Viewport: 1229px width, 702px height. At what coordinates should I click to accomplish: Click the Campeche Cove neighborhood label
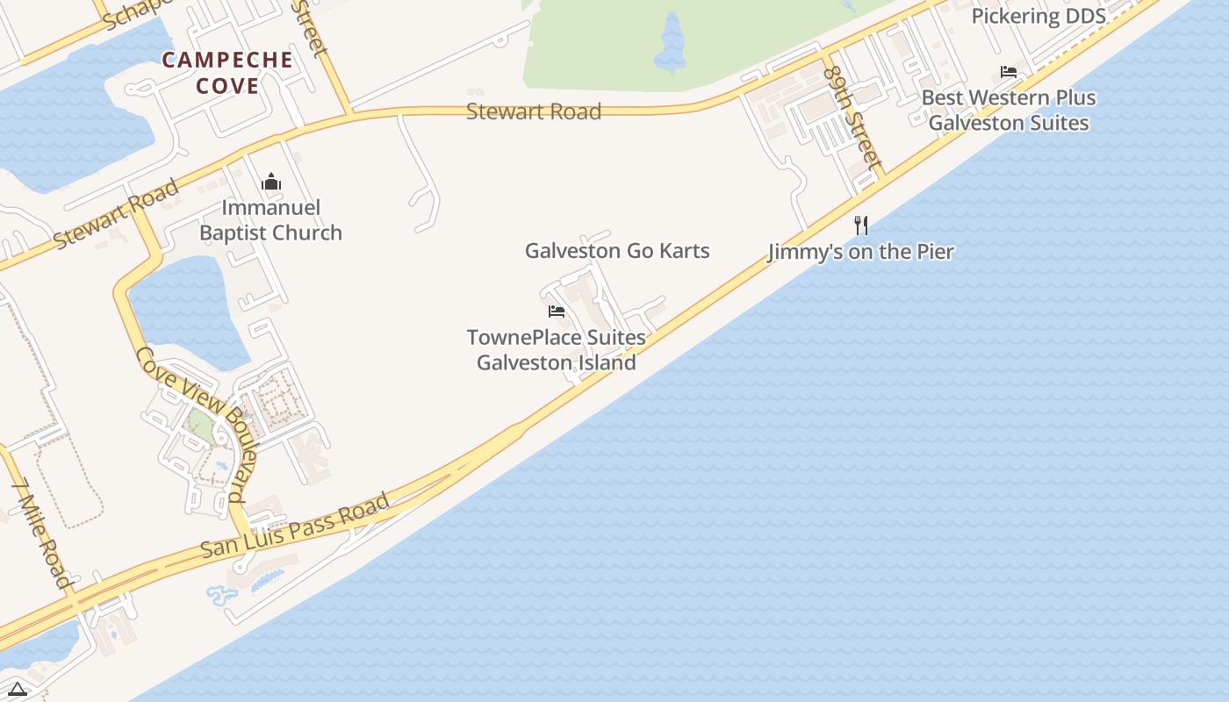tap(227, 73)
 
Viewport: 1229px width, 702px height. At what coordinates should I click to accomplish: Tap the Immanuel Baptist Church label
tap(270, 220)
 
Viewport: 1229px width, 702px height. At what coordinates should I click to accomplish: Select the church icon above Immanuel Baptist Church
tap(271, 183)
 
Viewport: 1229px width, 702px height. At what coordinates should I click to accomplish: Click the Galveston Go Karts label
tap(617, 251)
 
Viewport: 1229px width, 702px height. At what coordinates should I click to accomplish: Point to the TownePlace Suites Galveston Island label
tap(557, 350)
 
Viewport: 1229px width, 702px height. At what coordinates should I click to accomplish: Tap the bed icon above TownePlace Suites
tap(557, 312)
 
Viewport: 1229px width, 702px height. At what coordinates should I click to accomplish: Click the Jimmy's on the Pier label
tap(860, 252)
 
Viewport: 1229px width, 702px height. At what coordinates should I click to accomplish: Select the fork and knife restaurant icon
tap(861, 226)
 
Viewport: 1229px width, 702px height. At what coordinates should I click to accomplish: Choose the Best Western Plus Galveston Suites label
tap(1009, 110)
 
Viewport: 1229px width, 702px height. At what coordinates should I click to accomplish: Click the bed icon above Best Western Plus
tap(1009, 72)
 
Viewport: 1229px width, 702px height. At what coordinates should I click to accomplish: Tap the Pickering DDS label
tap(1039, 16)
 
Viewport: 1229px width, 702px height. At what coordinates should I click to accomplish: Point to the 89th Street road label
tap(853, 118)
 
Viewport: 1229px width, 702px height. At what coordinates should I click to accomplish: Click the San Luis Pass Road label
tap(295, 526)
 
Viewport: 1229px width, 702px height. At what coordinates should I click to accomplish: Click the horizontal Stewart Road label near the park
tap(534, 112)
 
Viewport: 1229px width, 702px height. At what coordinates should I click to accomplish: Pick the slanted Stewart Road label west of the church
tap(116, 213)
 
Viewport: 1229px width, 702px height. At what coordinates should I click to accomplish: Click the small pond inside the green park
tap(672, 44)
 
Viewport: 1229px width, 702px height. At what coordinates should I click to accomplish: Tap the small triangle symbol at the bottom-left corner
tap(17, 689)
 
